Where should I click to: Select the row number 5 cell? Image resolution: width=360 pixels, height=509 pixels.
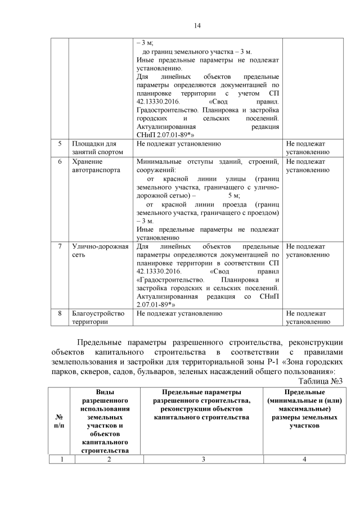[x=60, y=144]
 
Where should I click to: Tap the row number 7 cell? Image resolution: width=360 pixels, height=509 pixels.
[x=60, y=246]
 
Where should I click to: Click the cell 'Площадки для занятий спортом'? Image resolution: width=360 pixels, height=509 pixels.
[x=92, y=148]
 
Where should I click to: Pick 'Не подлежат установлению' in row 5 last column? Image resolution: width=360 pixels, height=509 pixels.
[x=308, y=148]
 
